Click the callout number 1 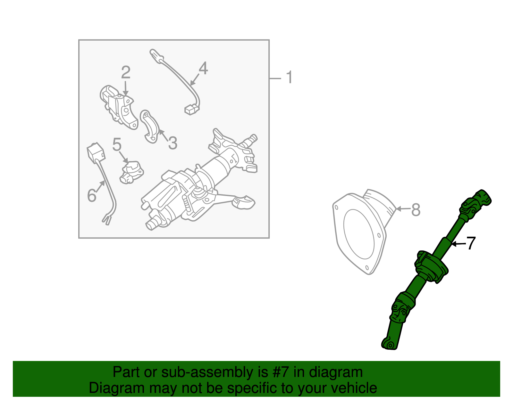pyautogui.click(x=289, y=78)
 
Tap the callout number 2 pyautogui.click(x=126, y=72)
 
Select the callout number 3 pyautogui.click(x=172, y=143)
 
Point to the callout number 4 pyautogui.click(x=203, y=68)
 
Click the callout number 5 pyautogui.click(x=117, y=145)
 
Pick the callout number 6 pyautogui.click(x=92, y=195)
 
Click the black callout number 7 pyautogui.click(x=471, y=243)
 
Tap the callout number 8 pyautogui.click(x=416, y=210)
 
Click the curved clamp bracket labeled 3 pyautogui.click(x=150, y=127)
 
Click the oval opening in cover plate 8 pyautogui.click(x=359, y=234)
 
